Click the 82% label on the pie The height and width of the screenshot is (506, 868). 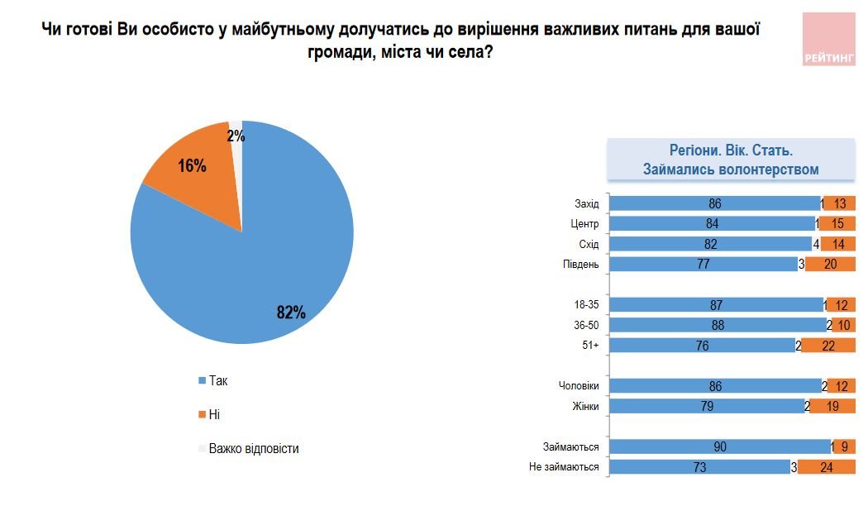tap(291, 313)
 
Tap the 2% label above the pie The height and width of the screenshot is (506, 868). tap(236, 137)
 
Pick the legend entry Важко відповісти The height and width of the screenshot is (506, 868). tap(253, 449)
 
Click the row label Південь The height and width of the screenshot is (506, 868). tap(581, 265)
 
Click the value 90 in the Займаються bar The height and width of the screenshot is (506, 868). tap(719, 446)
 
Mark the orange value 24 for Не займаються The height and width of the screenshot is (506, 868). tap(827, 467)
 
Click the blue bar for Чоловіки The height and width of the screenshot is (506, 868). tap(715, 386)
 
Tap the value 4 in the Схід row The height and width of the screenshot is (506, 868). tap(817, 245)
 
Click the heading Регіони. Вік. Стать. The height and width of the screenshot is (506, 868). tap(731, 151)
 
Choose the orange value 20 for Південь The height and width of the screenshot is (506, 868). tap(830, 265)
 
